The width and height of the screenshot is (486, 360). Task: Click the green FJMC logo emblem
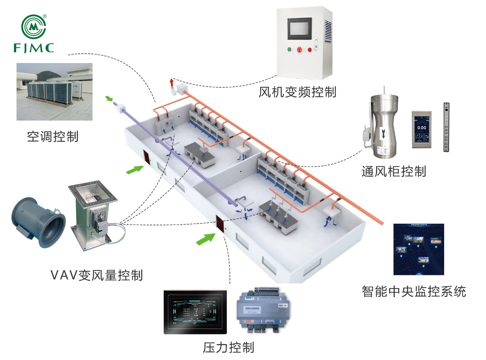(34, 27)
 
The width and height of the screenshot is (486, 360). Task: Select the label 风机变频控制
(297, 92)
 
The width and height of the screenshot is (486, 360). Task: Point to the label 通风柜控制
(393, 171)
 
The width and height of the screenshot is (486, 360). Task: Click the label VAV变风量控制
(97, 274)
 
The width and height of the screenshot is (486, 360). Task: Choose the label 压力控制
(229, 347)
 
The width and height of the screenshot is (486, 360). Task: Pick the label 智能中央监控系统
(414, 291)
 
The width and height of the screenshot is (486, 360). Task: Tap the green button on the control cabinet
(288, 49)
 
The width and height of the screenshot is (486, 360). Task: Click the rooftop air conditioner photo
(54, 92)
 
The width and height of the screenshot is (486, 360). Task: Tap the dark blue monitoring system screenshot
(418, 249)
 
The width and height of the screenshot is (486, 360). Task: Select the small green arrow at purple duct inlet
(109, 98)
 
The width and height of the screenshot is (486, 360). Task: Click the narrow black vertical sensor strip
(446, 128)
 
